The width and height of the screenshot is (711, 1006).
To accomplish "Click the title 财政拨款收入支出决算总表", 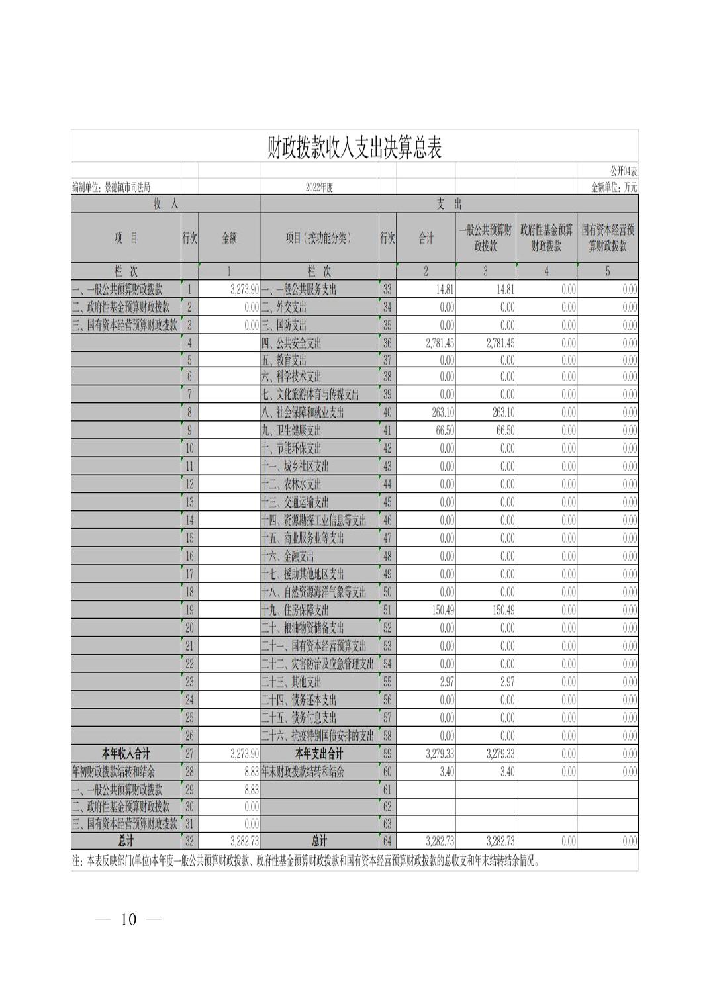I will coord(354,148).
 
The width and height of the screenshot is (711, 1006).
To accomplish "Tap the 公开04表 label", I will coord(623,171).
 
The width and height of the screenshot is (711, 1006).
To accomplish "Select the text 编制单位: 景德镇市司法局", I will coord(111,187).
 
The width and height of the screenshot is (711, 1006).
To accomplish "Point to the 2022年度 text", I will coord(319,187).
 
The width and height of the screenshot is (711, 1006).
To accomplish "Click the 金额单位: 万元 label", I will coord(614,187).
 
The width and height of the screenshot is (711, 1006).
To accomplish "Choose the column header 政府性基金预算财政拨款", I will coord(546,238).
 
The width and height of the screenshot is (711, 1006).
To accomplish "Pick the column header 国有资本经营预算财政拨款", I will coord(607,238).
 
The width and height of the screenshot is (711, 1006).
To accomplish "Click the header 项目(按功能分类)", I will coord(318,238).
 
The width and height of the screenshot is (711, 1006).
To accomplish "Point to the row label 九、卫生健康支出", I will coord(291,430).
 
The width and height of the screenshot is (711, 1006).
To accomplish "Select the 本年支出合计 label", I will coord(319,754).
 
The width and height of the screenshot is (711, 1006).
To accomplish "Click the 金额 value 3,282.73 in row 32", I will coord(244,841).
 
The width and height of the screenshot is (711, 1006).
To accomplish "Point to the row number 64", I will coord(387,841).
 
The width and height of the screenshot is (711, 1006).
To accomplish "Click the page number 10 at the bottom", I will coord(128,919).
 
